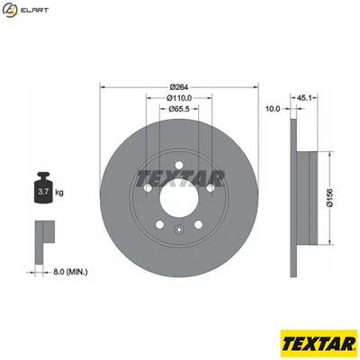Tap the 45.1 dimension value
tap(304, 97)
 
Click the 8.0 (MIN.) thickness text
tap(69, 268)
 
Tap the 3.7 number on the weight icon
tap(42, 192)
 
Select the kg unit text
tap(60, 192)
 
